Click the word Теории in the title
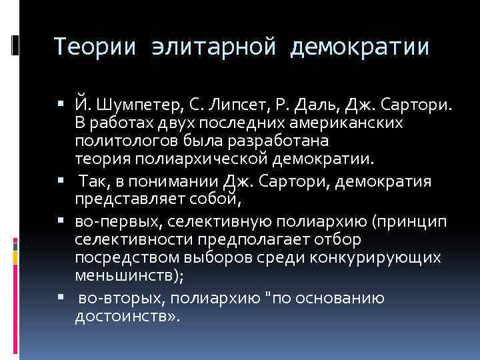[95, 47]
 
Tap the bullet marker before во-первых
[61, 221]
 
